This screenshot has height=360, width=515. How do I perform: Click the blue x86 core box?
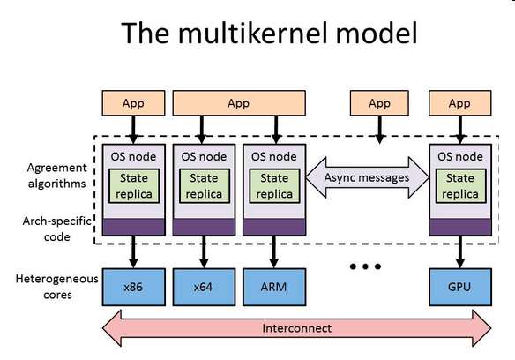click(134, 287)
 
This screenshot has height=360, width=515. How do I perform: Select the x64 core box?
click(204, 287)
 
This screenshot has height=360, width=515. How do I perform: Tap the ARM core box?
click(274, 287)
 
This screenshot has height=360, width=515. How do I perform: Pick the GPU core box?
click(460, 287)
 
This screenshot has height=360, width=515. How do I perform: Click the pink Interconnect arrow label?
click(297, 328)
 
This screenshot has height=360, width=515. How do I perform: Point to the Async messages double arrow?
click(367, 177)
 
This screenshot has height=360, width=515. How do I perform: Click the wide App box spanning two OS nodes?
click(239, 103)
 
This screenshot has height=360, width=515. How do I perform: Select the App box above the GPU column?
click(459, 103)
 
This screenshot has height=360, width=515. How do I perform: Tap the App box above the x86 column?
click(133, 103)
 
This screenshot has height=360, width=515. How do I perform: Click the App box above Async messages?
click(379, 103)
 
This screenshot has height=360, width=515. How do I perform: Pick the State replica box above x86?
click(134, 186)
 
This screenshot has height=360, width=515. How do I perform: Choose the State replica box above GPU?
click(460, 186)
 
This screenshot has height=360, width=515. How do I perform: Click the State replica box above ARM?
click(274, 186)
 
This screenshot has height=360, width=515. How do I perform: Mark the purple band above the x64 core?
click(204, 227)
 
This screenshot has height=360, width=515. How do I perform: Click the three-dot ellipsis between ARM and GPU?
click(365, 266)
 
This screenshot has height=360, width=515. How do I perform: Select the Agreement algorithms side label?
click(56, 176)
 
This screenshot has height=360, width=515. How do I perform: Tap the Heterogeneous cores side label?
click(56, 287)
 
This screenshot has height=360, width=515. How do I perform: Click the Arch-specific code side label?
click(56, 229)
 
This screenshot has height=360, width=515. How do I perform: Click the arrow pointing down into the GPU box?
click(460, 251)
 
